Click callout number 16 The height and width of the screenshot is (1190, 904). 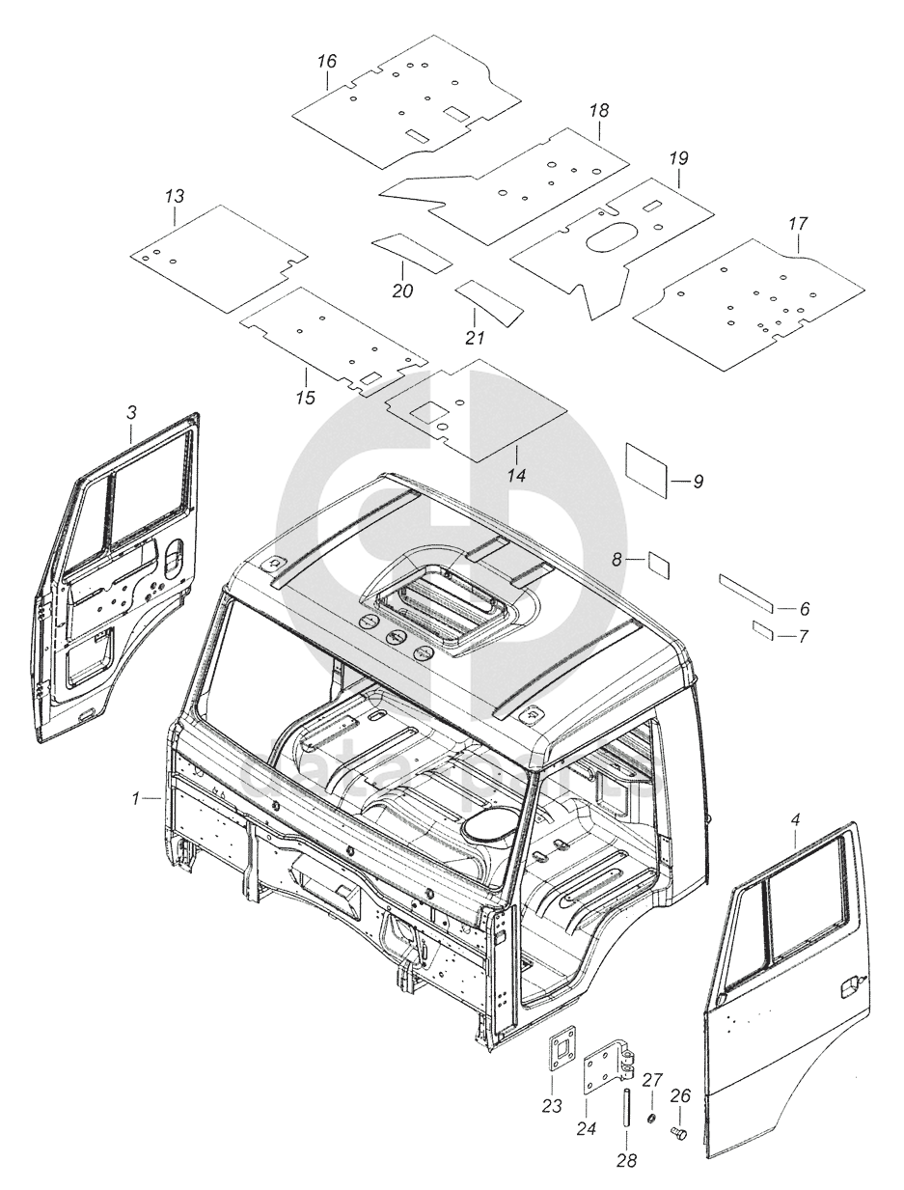(x=327, y=61)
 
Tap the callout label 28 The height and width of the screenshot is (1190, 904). (x=626, y=1161)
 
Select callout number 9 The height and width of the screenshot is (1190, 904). (x=698, y=481)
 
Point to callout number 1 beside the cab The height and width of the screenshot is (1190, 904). (x=138, y=798)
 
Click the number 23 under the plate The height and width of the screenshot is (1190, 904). (x=551, y=1106)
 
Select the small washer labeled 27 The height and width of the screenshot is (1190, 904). (x=651, y=1119)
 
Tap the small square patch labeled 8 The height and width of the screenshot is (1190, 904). (x=660, y=563)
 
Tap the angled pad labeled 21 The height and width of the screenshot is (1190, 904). (x=489, y=300)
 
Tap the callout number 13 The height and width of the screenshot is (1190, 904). (x=174, y=196)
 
